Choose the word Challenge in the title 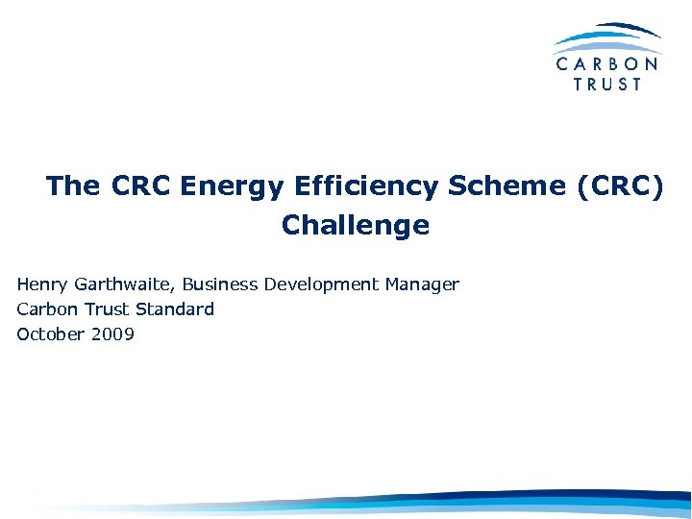(x=356, y=226)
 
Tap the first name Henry (x=41, y=284)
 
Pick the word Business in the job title (x=218, y=284)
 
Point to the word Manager (x=423, y=284)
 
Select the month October (x=47, y=334)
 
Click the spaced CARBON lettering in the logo (x=607, y=64)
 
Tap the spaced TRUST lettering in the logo (x=607, y=84)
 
